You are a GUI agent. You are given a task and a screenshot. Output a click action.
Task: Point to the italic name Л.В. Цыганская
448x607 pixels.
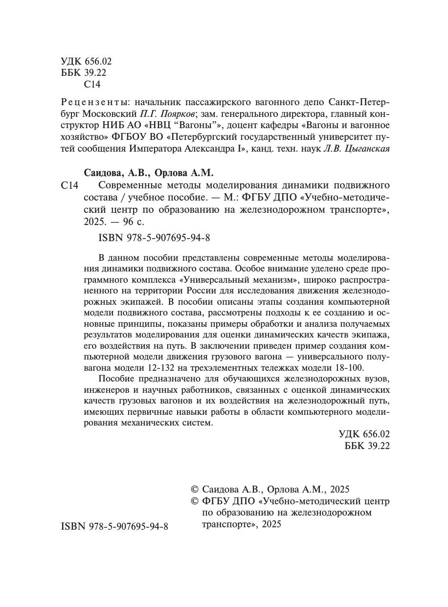[357, 149]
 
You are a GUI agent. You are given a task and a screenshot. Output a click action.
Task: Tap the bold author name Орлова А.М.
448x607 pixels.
[184, 173]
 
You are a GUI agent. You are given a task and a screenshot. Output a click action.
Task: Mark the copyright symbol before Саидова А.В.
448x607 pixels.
[194, 489]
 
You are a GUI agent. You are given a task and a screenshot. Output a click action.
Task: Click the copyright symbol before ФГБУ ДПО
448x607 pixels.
[194, 501]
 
